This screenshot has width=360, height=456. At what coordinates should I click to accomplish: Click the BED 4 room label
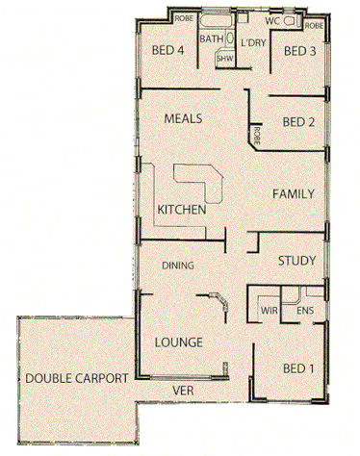click(168, 51)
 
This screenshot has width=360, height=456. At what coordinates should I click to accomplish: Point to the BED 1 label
click(298, 369)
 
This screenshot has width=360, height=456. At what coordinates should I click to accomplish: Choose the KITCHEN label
click(181, 209)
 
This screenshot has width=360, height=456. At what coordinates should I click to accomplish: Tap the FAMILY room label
click(294, 193)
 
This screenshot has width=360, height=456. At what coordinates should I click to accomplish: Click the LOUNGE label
click(177, 342)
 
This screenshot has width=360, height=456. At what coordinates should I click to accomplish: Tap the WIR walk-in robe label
click(270, 311)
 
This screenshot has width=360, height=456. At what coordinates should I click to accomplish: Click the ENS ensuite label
click(304, 311)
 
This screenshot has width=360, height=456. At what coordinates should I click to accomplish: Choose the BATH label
click(211, 38)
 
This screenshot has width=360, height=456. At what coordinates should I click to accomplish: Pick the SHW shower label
click(224, 59)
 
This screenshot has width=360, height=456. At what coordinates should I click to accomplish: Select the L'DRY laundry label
click(253, 43)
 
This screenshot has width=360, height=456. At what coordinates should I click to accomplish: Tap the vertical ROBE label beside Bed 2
click(257, 136)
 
